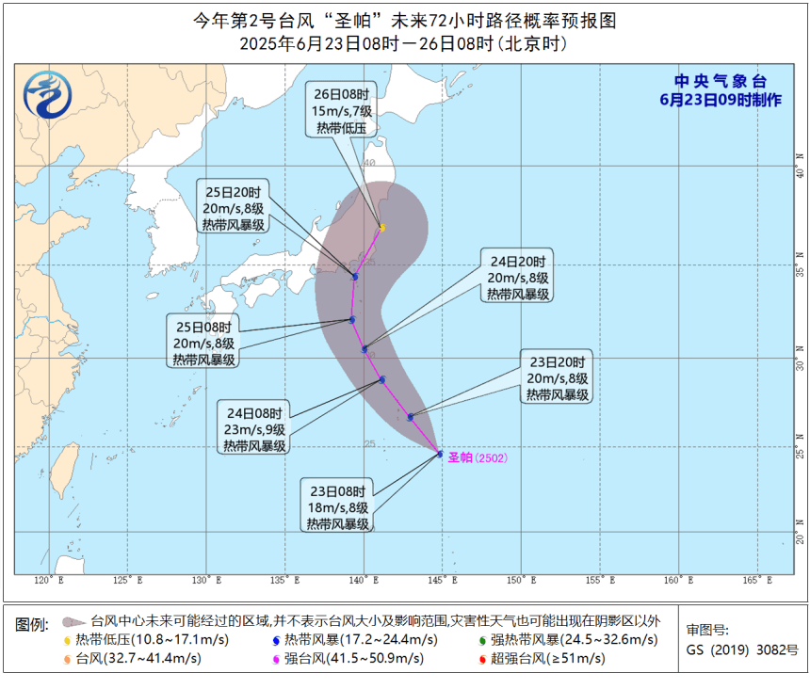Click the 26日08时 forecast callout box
[345, 109]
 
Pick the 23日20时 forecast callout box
[559, 377]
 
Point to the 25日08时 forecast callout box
[204, 343]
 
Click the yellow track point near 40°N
[381, 227]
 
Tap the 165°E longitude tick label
[751, 581]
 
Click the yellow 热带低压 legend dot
[67, 640]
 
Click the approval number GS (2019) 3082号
[741, 649]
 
